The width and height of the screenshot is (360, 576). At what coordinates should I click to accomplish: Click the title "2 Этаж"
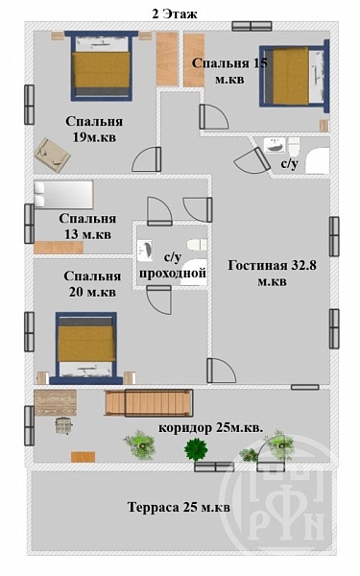coord(175,14)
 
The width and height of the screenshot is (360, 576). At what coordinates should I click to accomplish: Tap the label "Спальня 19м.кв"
coord(94,130)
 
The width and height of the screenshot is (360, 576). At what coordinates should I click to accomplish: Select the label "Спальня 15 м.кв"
coord(229,71)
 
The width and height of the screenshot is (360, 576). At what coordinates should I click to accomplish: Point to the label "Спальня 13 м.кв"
coord(87,227)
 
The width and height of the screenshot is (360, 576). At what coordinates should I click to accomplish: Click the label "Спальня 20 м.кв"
coord(92,284)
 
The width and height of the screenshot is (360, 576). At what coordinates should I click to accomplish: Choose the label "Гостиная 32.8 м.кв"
coord(272,274)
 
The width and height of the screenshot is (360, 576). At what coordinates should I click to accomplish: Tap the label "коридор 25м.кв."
coord(211,428)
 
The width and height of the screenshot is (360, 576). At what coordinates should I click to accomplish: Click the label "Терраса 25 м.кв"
coord(179,507)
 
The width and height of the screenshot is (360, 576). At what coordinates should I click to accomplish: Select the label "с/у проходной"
coord(173,266)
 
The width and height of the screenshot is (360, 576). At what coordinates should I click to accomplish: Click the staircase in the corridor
coord(149,403)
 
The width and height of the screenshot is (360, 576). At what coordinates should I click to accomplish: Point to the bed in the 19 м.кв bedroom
coord(102,66)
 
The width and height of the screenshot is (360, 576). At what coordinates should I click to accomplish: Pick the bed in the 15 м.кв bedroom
coord(295,76)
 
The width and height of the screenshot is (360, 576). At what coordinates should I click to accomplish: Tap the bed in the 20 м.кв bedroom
coord(86,348)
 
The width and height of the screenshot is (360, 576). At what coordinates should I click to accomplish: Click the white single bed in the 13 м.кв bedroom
coord(63,194)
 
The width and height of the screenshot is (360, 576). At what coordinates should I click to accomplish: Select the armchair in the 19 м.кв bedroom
coord(52,155)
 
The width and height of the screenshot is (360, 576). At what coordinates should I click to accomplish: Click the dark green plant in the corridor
coord(196,449)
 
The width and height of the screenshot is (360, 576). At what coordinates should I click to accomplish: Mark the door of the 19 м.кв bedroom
coord(147,159)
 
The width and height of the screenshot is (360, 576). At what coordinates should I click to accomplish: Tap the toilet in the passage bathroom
coord(197,244)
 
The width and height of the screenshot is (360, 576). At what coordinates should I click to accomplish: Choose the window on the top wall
coord(252,26)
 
